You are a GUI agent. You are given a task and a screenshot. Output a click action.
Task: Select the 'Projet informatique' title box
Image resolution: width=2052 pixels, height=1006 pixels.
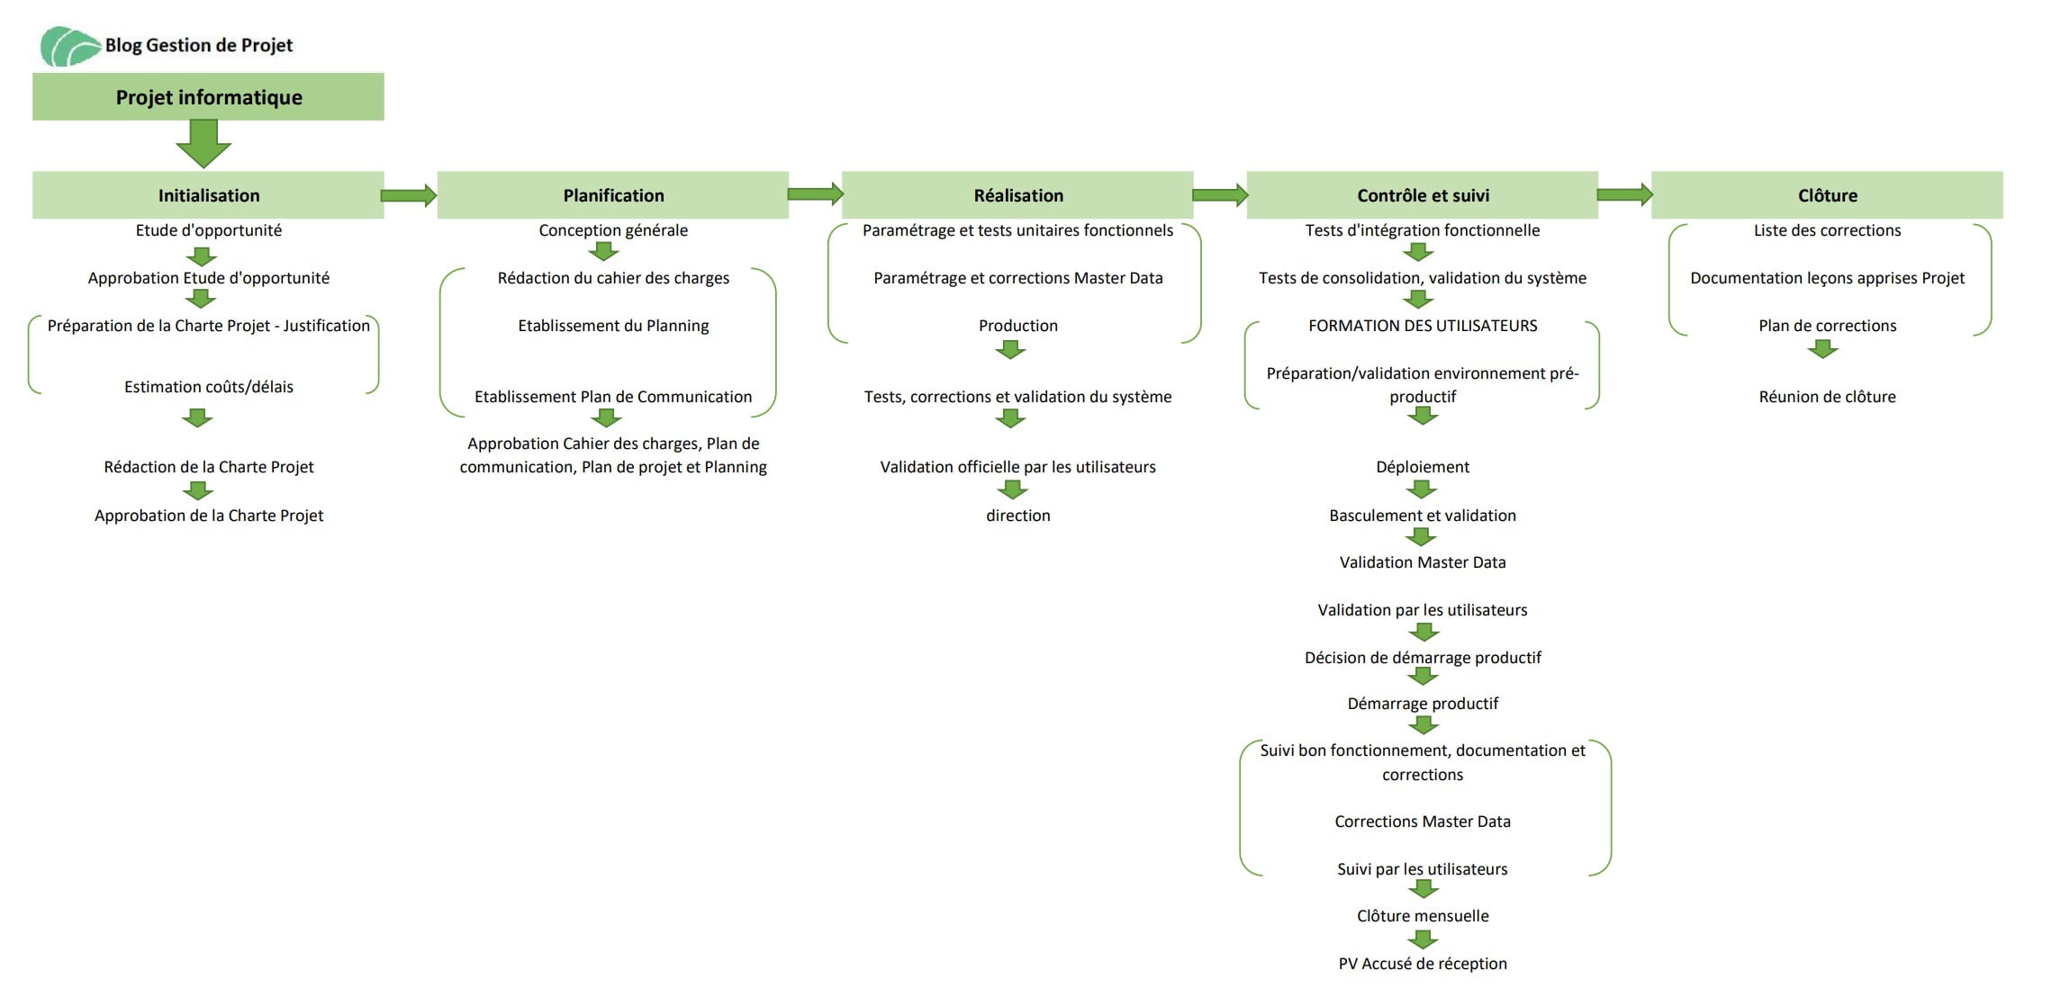pyautogui.click(x=208, y=97)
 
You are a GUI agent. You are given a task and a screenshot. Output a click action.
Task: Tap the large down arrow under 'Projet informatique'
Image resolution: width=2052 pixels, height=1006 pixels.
pyautogui.click(x=203, y=143)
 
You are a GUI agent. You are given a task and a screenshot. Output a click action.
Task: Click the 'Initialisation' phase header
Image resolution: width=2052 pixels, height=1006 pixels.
pyautogui.click(x=208, y=195)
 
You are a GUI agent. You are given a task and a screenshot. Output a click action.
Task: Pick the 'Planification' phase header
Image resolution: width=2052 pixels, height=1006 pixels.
pyautogui.click(x=613, y=195)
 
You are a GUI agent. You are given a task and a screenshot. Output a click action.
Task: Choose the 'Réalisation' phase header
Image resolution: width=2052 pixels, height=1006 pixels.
pyautogui.click(x=1017, y=195)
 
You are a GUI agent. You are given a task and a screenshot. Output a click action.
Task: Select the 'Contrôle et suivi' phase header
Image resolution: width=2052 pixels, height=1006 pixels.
pyautogui.click(x=1423, y=195)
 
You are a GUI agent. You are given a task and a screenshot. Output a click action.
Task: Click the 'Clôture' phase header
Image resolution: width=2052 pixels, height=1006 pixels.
pyautogui.click(x=1827, y=195)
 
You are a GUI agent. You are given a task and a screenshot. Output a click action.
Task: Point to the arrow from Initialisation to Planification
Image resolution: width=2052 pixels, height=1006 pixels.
pyautogui.click(x=409, y=195)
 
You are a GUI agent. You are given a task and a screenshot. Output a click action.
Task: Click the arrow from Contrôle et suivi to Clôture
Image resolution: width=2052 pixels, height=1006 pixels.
pyautogui.click(x=1624, y=194)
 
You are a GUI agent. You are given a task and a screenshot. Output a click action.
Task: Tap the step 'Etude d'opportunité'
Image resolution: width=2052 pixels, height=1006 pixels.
pyautogui.click(x=208, y=230)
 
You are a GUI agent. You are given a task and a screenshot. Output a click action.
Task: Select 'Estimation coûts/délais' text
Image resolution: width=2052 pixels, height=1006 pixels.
pyautogui.click(x=208, y=387)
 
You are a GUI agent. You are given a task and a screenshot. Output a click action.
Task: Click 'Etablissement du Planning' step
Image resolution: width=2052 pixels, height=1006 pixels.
pyautogui.click(x=613, y=326)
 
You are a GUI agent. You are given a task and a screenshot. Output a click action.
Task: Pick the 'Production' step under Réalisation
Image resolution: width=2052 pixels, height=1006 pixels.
pyautogui.click(x=1017, y=326)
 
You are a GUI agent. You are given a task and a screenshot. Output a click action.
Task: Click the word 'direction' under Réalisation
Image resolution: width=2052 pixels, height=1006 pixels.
pyautogui.click(x=1017, y=516)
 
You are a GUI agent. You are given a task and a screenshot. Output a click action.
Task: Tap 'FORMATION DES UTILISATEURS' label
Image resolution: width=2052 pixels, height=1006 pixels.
pyautogui.click(x=1423, y=326)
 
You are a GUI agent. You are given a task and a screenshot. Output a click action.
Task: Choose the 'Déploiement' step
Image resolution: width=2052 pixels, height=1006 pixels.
pyautogui.click(x=1423, y=467)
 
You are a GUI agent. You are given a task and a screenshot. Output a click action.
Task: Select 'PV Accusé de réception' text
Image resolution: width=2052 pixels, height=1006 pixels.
pyautogui.click(x=1423, y=964)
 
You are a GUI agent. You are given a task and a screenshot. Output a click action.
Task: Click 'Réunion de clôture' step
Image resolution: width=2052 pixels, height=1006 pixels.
pyautogui.click(x=1827, y=397)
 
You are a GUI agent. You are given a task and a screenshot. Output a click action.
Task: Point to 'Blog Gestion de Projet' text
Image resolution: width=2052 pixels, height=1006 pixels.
pyautogui.click(x=199, y=45)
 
